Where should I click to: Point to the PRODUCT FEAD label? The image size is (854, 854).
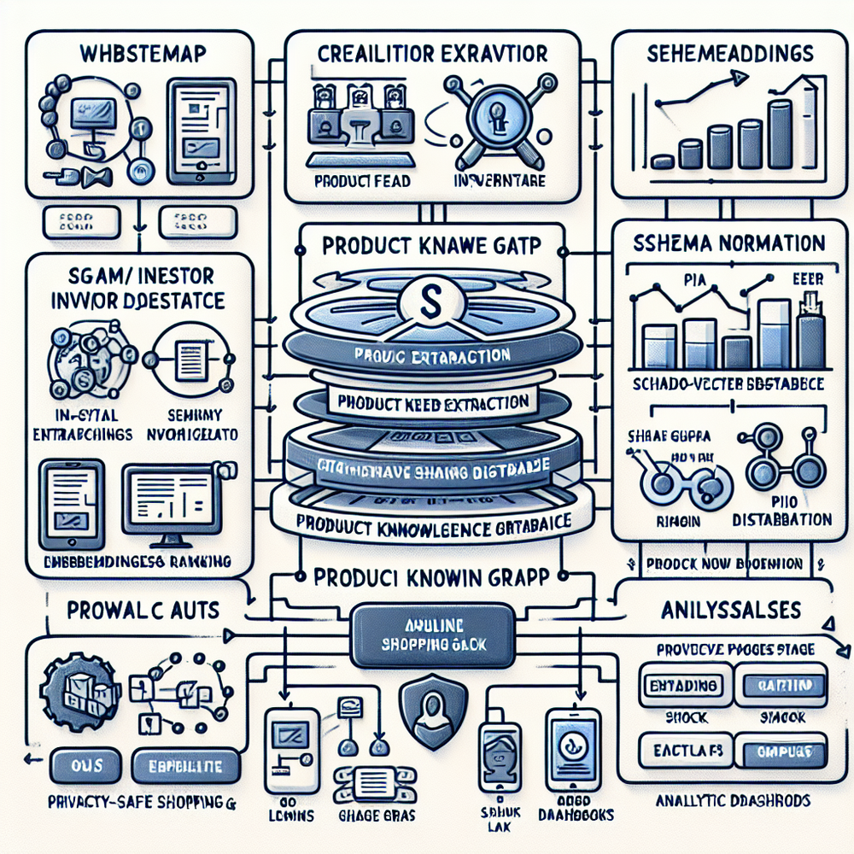pyautogui.click(x=361, y=181)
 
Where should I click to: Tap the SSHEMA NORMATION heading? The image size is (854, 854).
pyautogui.click(x=728, y=243)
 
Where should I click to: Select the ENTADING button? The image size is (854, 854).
pyautogui.click(x=679, y=686)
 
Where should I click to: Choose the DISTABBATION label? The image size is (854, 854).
pyautogui.click(x=782, y=519)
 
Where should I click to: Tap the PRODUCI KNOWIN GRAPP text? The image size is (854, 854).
pyautogui.click(x=432, y=576)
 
